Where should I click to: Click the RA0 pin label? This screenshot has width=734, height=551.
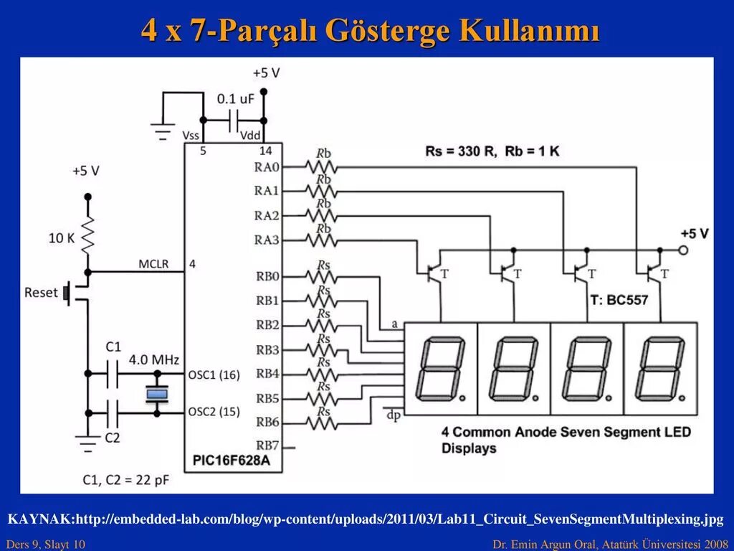click(267, 167)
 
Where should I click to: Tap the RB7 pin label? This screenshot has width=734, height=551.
click(267, 446)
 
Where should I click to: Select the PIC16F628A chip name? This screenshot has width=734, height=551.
click(231, 461)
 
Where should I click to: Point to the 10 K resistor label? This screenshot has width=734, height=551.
click(62, 237)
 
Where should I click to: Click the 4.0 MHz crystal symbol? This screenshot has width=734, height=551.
click(157, 393)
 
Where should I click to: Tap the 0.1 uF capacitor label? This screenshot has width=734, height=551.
click(236, 98)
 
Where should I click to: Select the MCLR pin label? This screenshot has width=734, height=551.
click(153, 264)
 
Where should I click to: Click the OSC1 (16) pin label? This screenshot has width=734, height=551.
click(214, 375)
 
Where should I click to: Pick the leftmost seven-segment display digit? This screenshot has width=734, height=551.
click(440, 369)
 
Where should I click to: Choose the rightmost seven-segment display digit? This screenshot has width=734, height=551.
click(660, 369)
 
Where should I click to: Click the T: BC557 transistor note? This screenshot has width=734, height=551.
click(619, 300)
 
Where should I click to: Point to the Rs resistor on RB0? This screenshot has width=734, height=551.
click(322, 276)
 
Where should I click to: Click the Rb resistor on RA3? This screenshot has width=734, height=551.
click(322, 239)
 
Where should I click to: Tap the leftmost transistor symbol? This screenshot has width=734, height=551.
click(434, 273)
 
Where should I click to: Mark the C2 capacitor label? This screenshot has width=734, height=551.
click(113, 437)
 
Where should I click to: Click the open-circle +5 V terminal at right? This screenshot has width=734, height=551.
click(683, 250)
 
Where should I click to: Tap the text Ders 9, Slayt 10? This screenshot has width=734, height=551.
click(45, 545)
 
